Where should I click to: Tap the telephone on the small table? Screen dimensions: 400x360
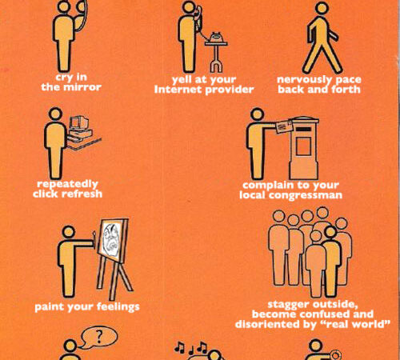click(215, 37)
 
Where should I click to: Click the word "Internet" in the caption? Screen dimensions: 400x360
click(178, 90)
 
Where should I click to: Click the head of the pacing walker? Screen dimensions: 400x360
click(322, 8)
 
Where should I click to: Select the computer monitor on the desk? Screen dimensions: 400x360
click(78, 122)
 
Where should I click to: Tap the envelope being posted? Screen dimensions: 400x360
click(284, 126)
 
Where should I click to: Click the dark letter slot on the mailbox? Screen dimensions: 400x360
click(303, 130)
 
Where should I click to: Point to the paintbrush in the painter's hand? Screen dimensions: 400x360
click(94, 238)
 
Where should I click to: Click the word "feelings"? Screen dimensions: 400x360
click(118, 307)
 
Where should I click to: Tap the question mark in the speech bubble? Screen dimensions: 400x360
click(99, 337)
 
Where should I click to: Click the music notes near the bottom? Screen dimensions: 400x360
click(191, 347)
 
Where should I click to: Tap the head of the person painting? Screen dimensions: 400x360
click(69, 232)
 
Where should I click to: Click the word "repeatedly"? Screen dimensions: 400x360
click(67, 184)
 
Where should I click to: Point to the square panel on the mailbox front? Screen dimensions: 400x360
click(303, 146)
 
